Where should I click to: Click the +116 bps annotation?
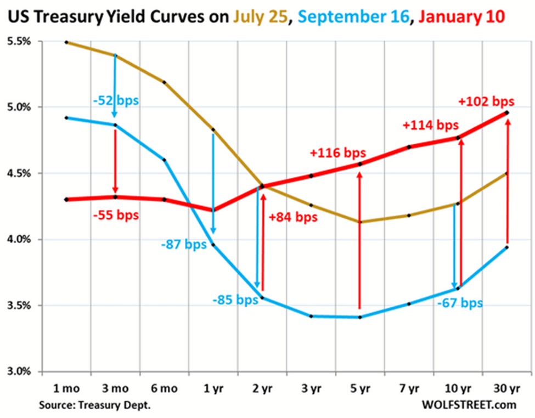pyautogui.click(x=337, y=152)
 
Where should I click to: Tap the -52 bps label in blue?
pyautogui.click(x=116, y=101)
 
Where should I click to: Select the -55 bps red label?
pyautogui.click(x=116, y=214)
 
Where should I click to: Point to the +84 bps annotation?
pyautogui.click(x=293, y=217)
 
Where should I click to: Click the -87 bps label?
pyautogui.click(x=184, y=245)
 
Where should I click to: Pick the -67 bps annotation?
pyautogui.click(x=460, y=303)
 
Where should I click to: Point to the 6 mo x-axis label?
pyautogui.click(x=164, y=388)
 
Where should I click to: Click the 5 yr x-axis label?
pyautogui.click(x=360, y=388)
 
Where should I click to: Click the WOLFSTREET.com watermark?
pyautogui.click(x=469, y=405)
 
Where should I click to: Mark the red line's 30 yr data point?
pyautogui.click(x=507, y=112)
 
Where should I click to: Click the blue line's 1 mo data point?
pyautogui.click(x=66, y=117)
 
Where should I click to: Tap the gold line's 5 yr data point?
pyautogui.click(x=360, y=222)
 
